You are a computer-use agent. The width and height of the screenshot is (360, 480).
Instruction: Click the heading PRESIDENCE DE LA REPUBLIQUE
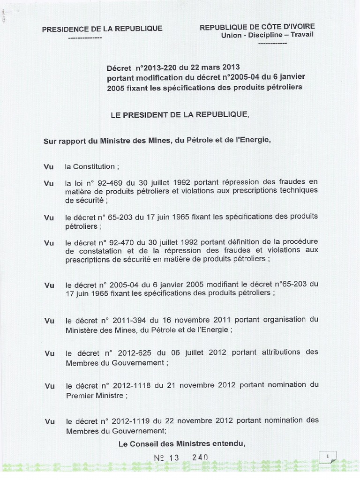click(x=102, y=29)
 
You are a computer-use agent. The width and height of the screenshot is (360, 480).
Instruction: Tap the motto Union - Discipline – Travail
click(x=268, y=35)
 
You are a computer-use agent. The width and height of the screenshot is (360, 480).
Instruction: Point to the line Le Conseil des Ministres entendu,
click(x=182, y=443)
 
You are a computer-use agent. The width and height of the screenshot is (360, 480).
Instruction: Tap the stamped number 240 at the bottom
click(x=200, y=457)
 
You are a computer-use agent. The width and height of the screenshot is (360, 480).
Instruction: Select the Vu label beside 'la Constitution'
click(x=49, y=166)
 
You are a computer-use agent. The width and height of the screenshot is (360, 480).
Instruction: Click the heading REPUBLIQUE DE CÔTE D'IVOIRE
click(x=257, y=27)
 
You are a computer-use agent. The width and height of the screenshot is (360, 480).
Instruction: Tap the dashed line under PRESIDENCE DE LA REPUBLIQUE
click(x=85, y=37)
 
